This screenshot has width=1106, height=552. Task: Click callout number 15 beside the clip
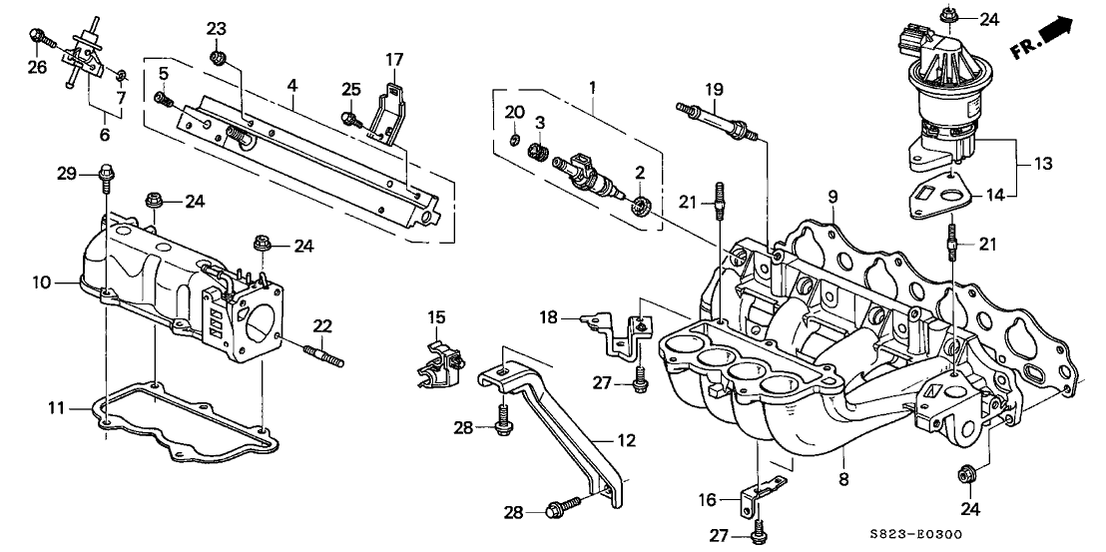pyautogui.click(x=436, y=317)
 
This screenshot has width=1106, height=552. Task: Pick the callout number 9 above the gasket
pyautogui.click(x=832, y=198)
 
